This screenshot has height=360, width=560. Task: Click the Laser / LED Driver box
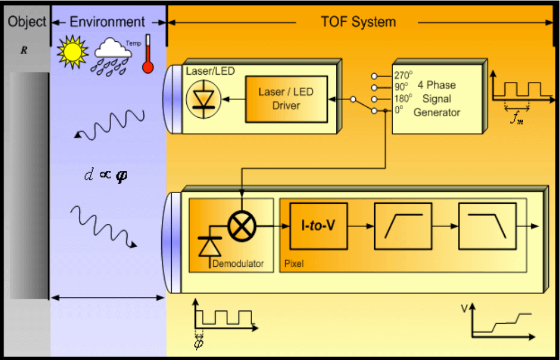coord(286,98)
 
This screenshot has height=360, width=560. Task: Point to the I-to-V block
coord(318,225)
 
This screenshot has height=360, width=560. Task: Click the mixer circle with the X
coord(242,226)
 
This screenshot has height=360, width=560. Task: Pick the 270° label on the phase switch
coord(402,75)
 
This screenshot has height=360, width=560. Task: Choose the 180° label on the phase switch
coord(402,98)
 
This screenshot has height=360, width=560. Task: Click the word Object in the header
coord(27,22)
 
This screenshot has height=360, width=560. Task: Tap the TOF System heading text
coord(358,22)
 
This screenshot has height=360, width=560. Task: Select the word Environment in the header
coord(107,22)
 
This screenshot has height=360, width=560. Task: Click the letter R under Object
coord(24,50)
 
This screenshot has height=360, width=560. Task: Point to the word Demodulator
coord(238,263)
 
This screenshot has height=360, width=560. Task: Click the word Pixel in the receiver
coord(294,262)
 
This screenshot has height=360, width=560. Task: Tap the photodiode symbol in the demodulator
coord(210,244)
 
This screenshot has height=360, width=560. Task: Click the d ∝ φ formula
coord(108,175)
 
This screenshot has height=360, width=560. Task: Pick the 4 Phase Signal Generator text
coord(437,99)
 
